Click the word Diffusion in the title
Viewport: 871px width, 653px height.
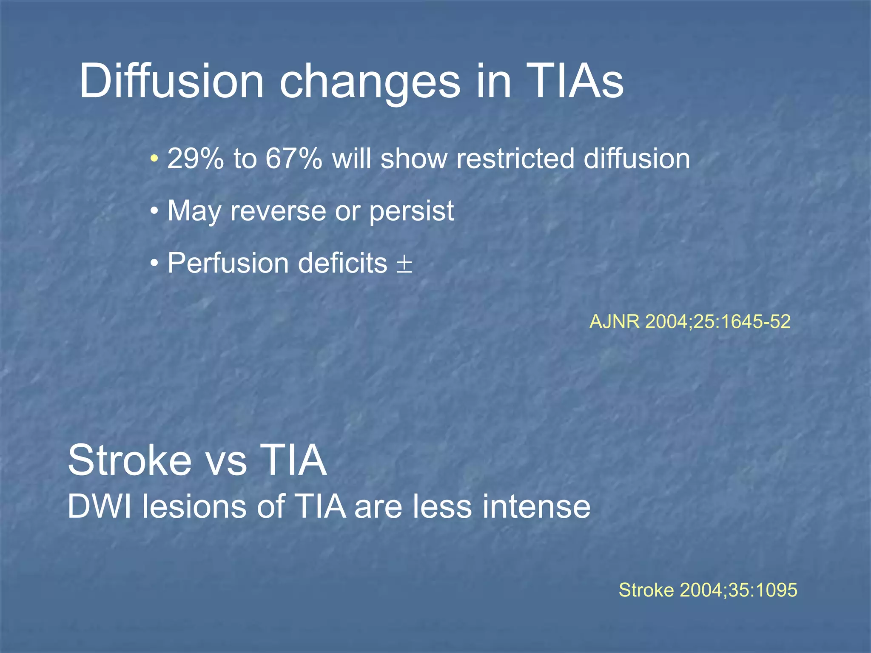tap(171, 81)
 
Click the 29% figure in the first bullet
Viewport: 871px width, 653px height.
tap(195, 159)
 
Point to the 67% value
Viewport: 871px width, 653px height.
tap(293, 159)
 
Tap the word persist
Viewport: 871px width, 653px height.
tap(411, 211)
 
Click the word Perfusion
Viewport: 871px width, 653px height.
tap(228, 263)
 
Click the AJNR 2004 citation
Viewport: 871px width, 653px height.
tap(690, 321)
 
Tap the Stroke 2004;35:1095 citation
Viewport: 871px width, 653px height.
tap(708, 590)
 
